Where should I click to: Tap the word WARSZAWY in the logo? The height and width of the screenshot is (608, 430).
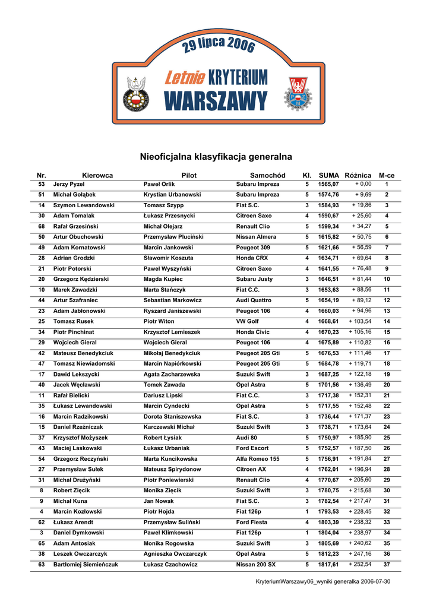(216, 100)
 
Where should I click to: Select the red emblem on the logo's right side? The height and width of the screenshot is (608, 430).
(295, 94)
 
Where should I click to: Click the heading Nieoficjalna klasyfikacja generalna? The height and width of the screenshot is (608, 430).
(216, 157)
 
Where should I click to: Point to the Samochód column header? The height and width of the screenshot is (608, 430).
(267, 176)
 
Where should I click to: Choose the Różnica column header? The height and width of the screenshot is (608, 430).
(358, 176)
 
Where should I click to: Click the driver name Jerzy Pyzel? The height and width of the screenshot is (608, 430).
(69, 185)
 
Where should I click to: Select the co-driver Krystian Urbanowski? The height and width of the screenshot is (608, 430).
(172, 195)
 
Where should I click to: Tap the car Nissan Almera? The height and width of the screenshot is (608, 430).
(256, 237)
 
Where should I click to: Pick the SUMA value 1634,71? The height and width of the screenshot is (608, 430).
(328, 258)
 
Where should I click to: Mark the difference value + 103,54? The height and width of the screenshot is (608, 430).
(360, 321)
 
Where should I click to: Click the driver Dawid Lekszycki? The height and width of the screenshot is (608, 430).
(76, 375)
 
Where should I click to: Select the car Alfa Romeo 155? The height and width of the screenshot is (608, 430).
(258, 459)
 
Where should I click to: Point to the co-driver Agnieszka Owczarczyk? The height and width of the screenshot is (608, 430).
(175, 554)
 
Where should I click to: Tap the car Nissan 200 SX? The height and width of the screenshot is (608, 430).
(256, 565)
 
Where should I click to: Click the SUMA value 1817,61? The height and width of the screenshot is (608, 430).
(328, 565)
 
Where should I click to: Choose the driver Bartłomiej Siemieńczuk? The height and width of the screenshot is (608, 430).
(86, 565)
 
